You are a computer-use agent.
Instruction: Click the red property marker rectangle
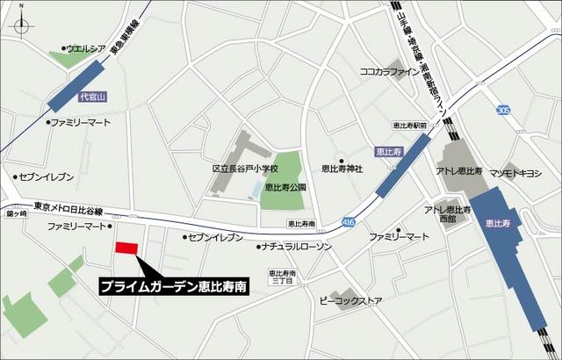click(128, 248)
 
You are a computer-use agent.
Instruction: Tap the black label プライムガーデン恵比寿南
click(173, 286)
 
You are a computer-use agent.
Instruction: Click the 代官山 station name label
click(91, 97)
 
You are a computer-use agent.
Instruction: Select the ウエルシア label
click(84, 49)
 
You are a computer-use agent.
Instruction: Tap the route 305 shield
click(502, 110)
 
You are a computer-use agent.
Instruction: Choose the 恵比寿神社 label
click(342, 169)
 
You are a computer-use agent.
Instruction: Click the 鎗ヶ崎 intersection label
click(17, 213)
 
